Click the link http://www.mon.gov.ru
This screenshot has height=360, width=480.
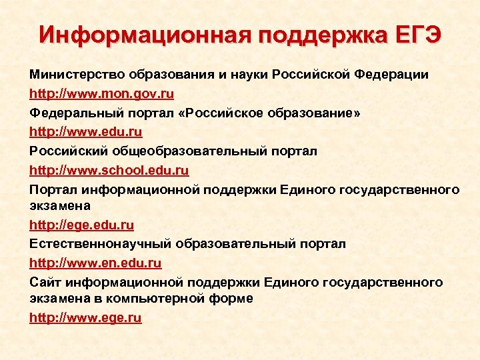pyautogui.click(x=102, y=94)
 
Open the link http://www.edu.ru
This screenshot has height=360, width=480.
pyautogui.click(x=86, y=132)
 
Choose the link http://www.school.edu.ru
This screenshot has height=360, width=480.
pyautogui.click(x=109, y=170)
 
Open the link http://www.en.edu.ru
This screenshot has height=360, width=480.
pyautogui.click(x=95, y=263)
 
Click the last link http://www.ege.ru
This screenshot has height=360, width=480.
pyautogui.click(x=85, y=318)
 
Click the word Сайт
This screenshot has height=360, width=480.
pyautogui.click(x=44, y=282)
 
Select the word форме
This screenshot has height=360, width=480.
pyautogui.click(x=233, y=299)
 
